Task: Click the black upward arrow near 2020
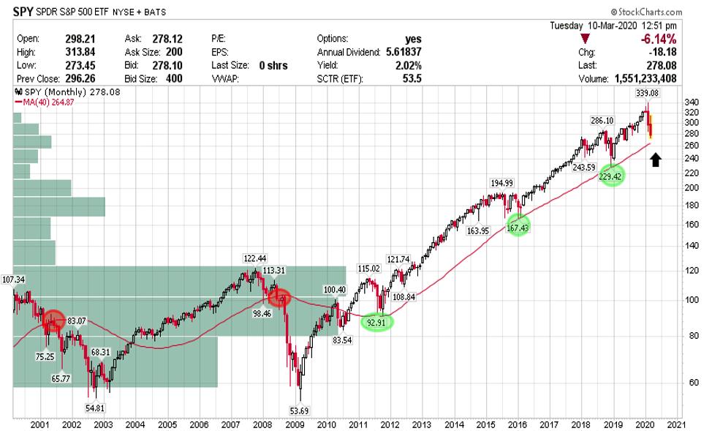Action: pos(656,160)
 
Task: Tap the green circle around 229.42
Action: pos(612,176)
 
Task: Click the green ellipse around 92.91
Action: pos(376,322)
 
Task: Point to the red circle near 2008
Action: pos(279,297)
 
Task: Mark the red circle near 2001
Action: pos(53,320)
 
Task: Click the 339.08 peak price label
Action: pos(648,94)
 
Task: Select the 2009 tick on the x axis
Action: pos(294,424)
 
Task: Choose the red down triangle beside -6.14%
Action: pos(585,39)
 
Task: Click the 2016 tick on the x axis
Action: pos(518,424)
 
